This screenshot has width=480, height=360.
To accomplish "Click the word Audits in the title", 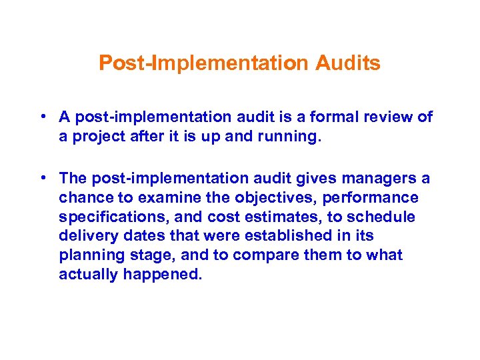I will [348, 63].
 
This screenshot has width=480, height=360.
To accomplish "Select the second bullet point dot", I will [42, 178].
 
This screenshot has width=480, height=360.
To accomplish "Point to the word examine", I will [165, 198].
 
